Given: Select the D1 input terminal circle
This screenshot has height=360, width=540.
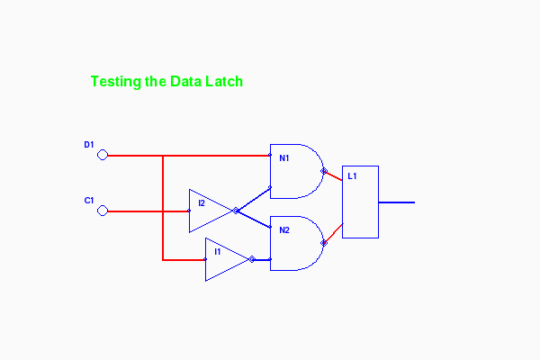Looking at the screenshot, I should [x=103, y=155].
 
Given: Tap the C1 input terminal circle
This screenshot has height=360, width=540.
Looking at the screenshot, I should [x=103, y=211].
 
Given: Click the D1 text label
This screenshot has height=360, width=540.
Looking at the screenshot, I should [x=89, y=144].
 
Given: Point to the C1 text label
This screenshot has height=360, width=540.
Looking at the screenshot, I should [x=89, y=200].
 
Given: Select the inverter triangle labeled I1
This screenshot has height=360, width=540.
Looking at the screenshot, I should [x=222, y=259].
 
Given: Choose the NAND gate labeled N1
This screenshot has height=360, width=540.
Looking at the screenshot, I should [x=295, y=171].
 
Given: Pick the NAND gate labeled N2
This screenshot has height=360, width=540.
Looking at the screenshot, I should [x=295, y=243].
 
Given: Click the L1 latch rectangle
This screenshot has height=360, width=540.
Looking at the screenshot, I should [x=361, y=202].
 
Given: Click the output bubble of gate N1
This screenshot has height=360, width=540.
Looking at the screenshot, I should [x=323, y=170].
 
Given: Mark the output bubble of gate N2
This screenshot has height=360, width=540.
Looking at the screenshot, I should [x=323, y=242].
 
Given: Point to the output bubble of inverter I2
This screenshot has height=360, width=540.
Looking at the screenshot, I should [x=236, y=211].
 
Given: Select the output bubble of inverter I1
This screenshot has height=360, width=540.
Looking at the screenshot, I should [x=252, y=259].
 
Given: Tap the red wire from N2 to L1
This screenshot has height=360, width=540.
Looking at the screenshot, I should [x=334, y=232].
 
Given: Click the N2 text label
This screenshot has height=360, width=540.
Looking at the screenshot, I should [x=284, y=230].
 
